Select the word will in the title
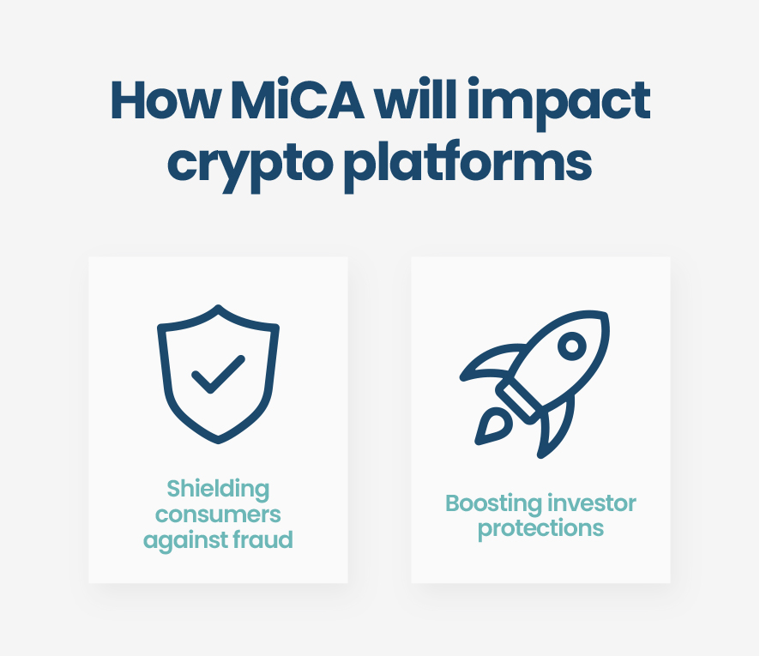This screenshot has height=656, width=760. point(434,101)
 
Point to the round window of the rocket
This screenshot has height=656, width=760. point(570,345)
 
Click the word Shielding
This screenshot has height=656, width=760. point(218,490)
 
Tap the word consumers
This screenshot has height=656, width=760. point(218,515)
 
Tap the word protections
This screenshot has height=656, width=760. point(540,528)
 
